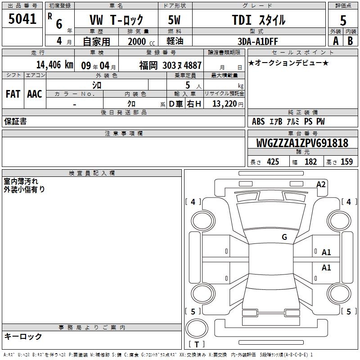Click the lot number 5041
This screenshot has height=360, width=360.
22,19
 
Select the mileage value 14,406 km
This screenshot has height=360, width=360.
55,65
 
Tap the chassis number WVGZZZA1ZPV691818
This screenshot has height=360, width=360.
302,143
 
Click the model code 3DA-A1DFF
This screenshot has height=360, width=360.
257,41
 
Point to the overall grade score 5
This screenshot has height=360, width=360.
343,21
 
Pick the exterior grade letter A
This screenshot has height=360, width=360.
336,41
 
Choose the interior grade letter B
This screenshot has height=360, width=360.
350,41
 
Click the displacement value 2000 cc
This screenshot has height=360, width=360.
141,41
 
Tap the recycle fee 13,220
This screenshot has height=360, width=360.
224,104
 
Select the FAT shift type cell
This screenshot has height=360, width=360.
13,94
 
